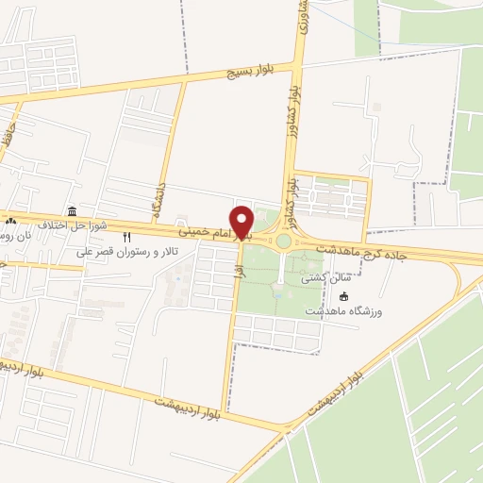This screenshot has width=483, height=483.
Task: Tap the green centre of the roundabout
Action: pyautogui.click(x=283, y=241)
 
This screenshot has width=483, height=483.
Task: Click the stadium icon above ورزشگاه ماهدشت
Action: pyautogui.click(x=342, y=296)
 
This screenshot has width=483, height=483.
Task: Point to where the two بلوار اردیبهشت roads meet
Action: pyautogui.click(x=284, y=430)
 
